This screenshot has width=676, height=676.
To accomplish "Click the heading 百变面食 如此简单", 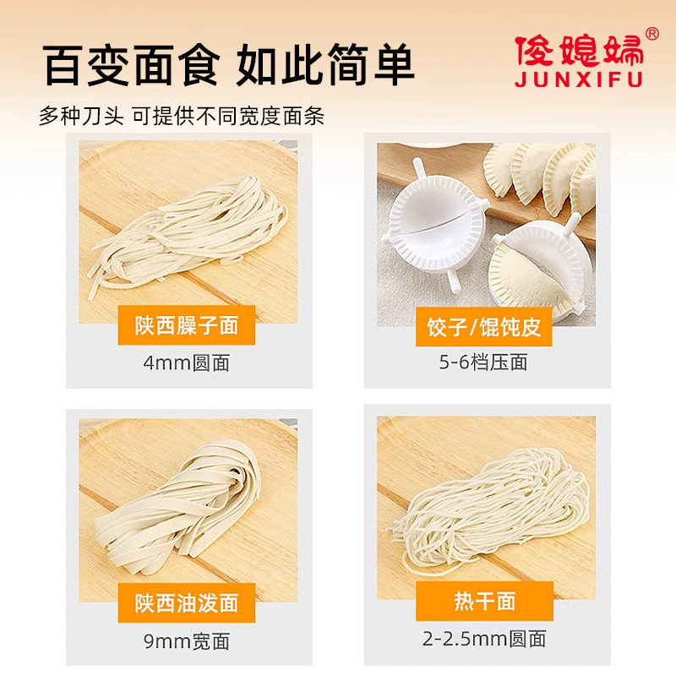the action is click(228, 65).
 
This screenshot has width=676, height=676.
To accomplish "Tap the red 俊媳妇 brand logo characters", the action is click(579, 51).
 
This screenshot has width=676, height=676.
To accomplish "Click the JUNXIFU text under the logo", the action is click(579, 79).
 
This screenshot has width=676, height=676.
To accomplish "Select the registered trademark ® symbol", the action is click(652, 33).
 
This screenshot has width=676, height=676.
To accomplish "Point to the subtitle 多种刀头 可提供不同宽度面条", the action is click(182, 116).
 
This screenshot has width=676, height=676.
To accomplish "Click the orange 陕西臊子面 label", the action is click(187, 325).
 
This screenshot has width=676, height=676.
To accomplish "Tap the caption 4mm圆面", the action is click(187, 363).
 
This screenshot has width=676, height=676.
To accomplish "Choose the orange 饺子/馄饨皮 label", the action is click(483, 327).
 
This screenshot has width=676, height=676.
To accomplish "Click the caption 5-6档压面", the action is click(483, 362).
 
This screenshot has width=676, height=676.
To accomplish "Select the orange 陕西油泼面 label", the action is click(187, 602).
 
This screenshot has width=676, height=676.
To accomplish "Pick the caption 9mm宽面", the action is click(187, 641).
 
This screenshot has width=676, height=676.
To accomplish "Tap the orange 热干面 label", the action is click(484, 601).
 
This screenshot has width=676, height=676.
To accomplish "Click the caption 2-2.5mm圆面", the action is click(484, 639).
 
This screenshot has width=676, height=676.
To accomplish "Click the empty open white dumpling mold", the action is click(435, 224).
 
